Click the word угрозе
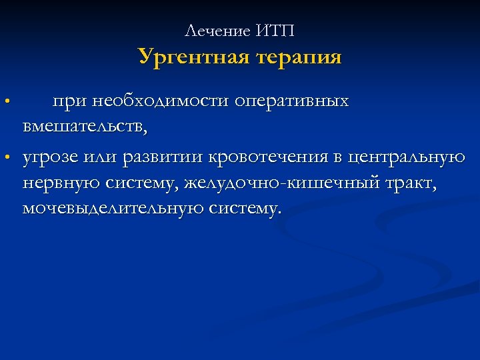point(51,157)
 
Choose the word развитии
point(159,157)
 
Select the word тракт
point(413,183)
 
